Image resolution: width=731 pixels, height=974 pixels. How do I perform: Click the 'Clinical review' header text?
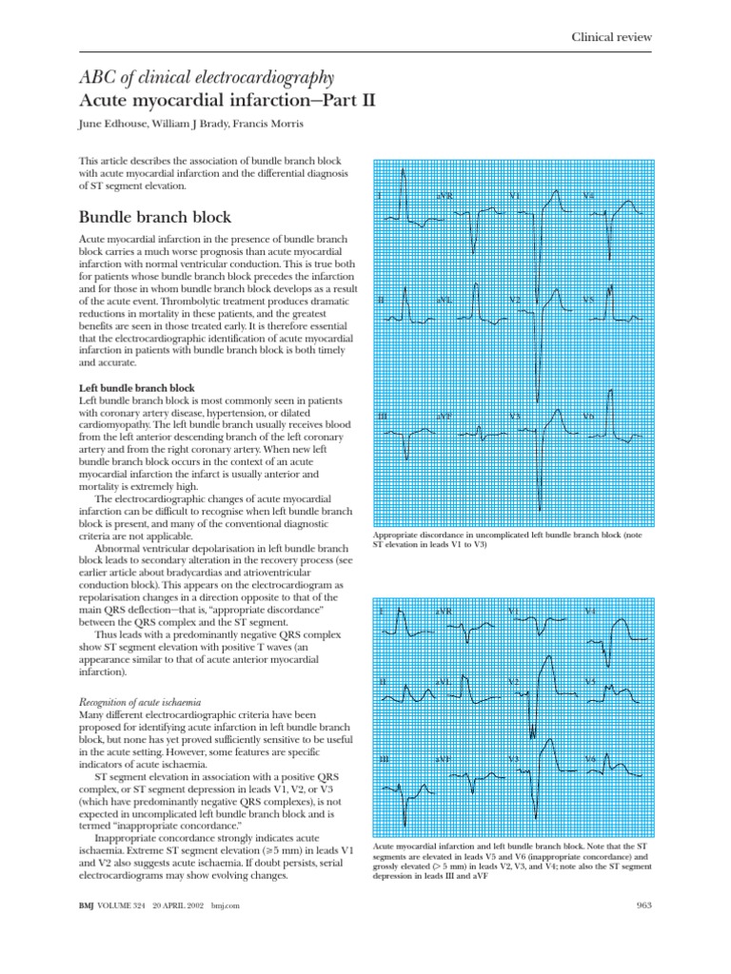[x=612, y=36]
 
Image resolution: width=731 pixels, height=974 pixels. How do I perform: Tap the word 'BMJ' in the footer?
[x=89, y=906]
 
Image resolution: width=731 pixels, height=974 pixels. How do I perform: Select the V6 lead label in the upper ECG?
[x=588, y=417]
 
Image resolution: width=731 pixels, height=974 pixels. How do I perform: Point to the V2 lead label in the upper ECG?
[x=515, y=300]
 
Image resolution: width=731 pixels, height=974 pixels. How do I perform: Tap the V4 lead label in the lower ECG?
[x=590, y=611]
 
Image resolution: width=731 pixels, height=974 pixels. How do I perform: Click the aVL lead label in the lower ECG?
[x=444, y=681]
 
